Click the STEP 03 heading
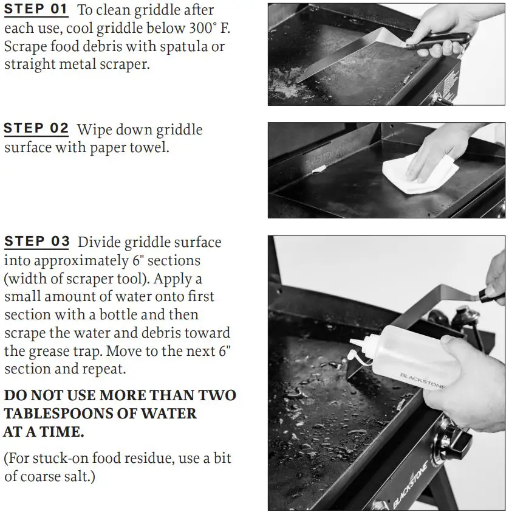coord(37,242)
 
